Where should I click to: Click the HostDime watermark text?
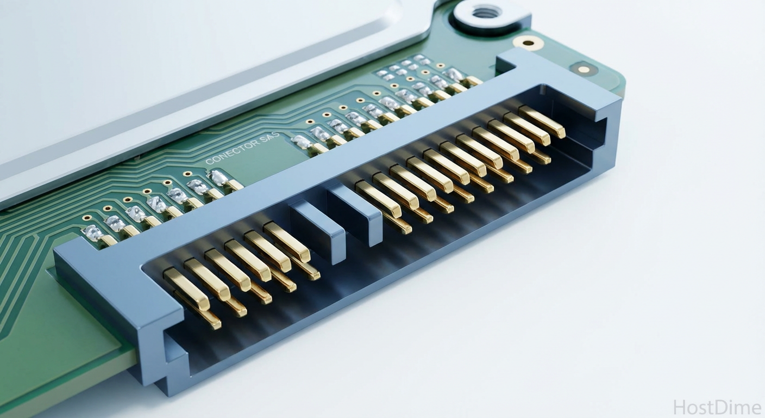pyautogui.click(x=717, y=407)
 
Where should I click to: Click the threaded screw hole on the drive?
pyautogui.click(x=485, y=11)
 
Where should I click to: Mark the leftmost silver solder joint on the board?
pyautogui.click(x=92, y=233)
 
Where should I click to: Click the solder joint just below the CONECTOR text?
pyautogui.click(x=218, y=177)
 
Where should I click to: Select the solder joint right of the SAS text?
pyautogui.click(x=302, y=142)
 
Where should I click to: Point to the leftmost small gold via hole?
pyautogui.click(x=86, y=218)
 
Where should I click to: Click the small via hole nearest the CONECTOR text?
pyautogui.click(x=188, y=174)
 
